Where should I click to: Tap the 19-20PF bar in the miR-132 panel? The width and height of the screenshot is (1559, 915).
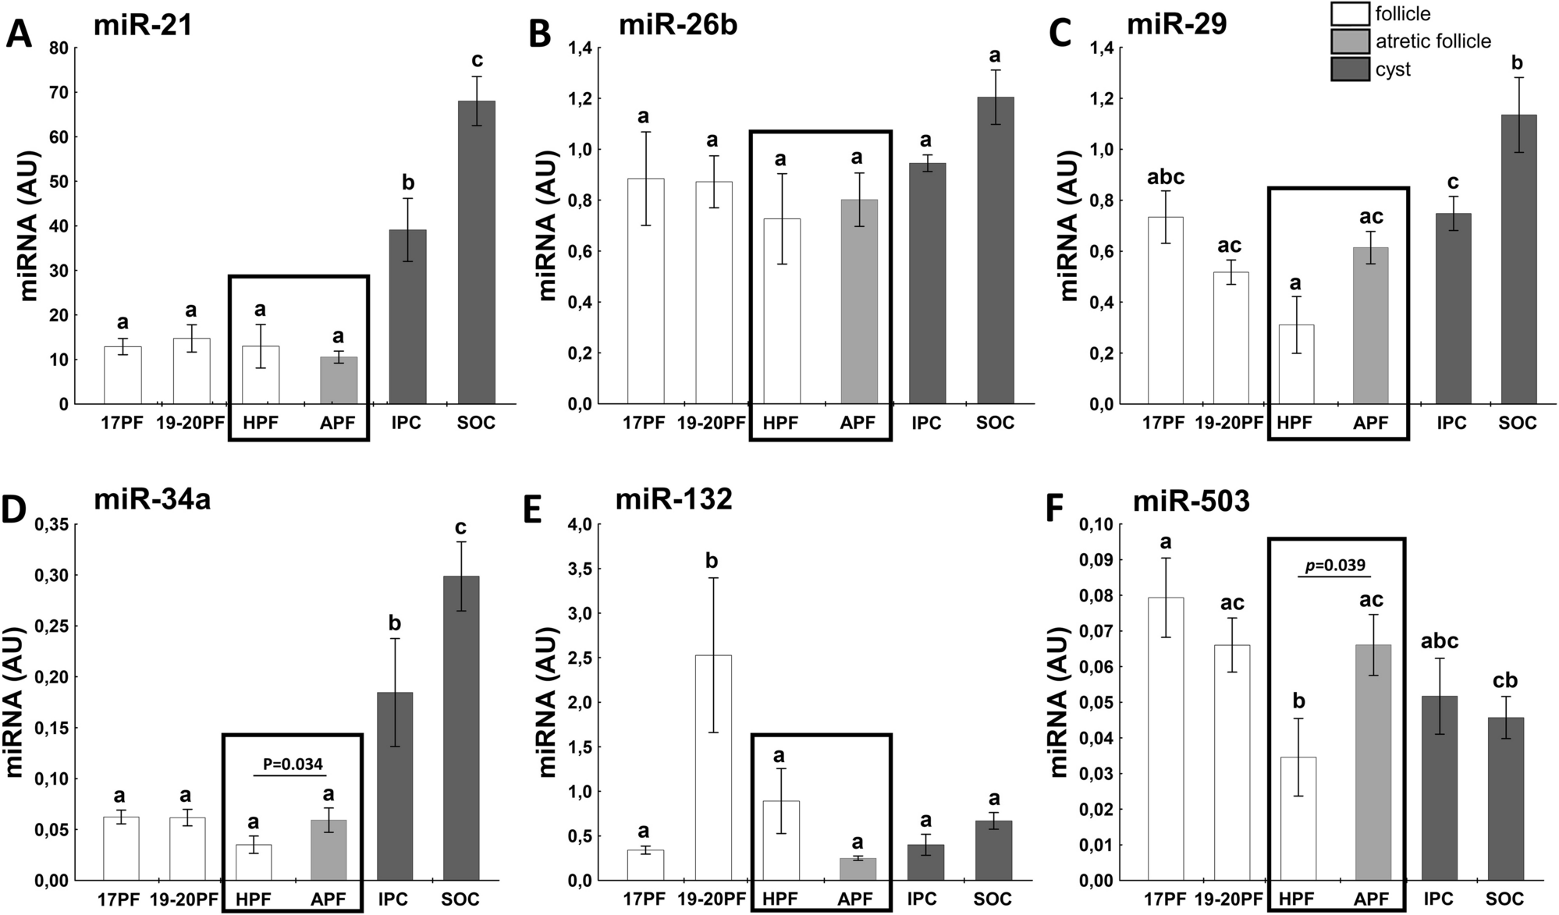coord(712,768)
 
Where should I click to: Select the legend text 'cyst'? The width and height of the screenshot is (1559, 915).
coord(1394,69)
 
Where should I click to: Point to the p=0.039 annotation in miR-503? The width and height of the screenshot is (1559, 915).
coord(1335,565)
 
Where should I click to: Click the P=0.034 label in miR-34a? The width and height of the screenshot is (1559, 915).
coord(293,764)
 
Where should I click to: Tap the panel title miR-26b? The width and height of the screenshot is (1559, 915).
coord(678,25)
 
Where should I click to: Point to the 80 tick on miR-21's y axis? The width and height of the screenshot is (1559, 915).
coord(59,48)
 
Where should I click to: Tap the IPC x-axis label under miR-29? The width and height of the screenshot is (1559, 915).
coord(1451,423)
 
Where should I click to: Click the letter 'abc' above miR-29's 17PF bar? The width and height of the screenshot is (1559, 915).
coord(1166,177)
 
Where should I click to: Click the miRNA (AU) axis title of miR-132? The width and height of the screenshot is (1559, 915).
coord(549,702)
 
